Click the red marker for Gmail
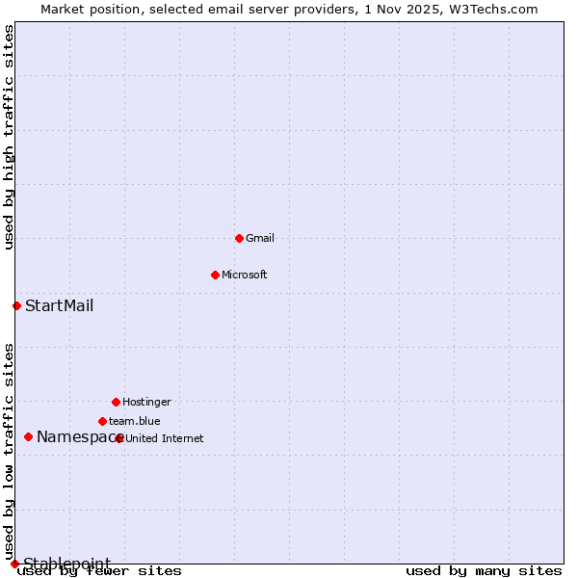(239, 238)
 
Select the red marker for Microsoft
(215, 275)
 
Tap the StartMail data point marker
(16, 305)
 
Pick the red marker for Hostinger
(116, 402)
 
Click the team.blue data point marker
(102, 421)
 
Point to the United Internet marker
(119, 438)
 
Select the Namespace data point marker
(28, 436)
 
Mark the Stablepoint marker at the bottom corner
(14, 564)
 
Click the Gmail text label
(260, 238)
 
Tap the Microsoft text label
(245, 275)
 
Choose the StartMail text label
(59, 306)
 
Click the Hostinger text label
(146, 402)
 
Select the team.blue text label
(135, 421)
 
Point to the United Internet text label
(165, 438)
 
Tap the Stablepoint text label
(66, 564)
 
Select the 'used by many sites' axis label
(484, 571)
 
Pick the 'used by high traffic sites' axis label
(10, 138)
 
